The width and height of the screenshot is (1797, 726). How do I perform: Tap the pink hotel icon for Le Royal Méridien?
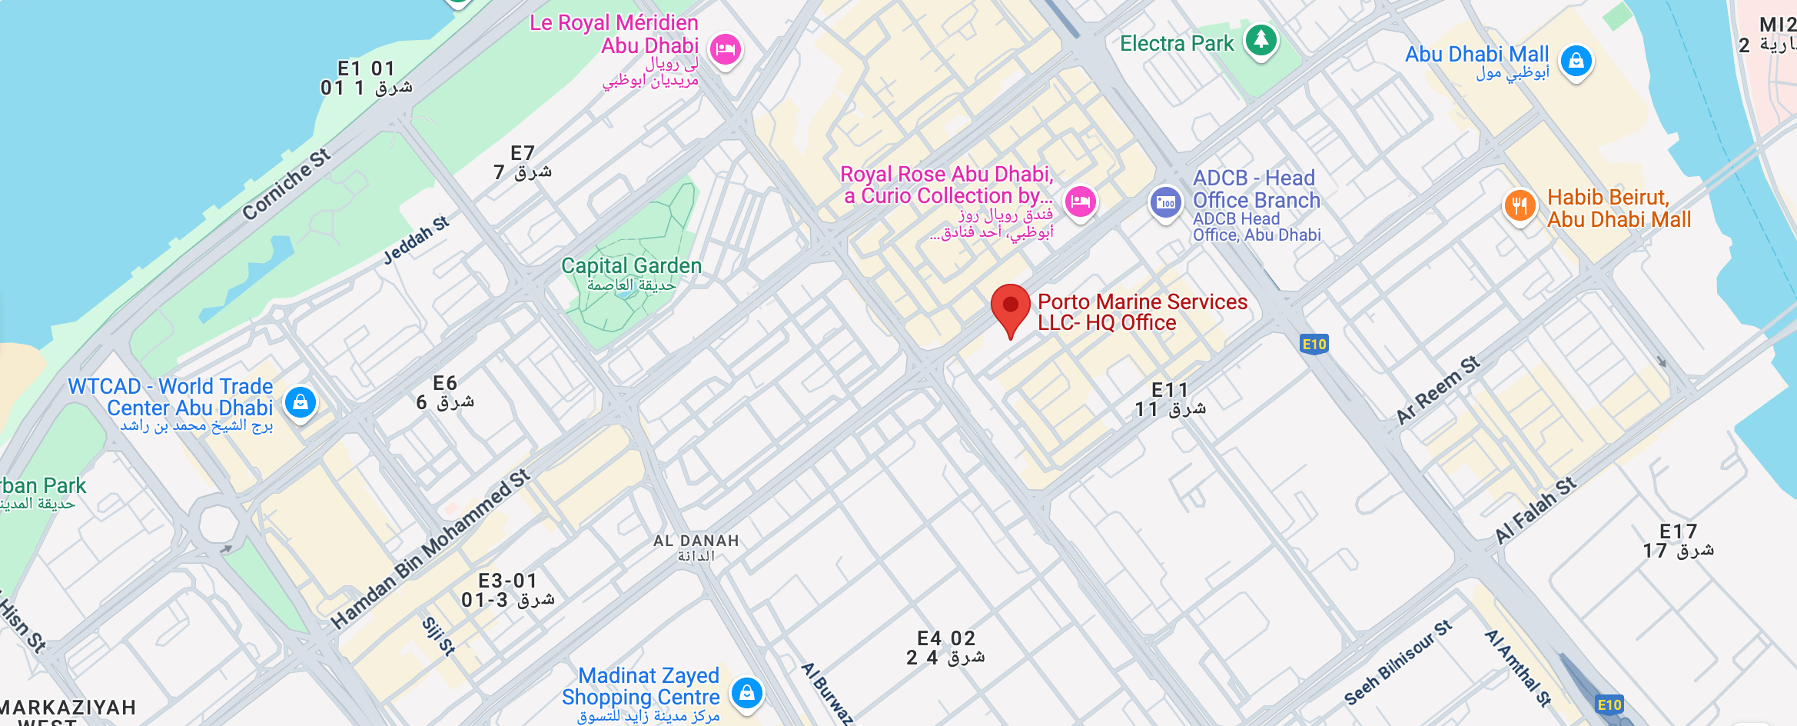725,50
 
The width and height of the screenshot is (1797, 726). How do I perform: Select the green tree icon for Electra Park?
1261,38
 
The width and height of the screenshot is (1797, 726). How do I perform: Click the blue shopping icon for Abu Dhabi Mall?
1576,60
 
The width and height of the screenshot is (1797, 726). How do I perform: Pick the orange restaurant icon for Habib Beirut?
1520,205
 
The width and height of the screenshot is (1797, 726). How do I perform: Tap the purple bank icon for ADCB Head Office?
1165,202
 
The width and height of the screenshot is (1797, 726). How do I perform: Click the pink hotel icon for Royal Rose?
1080,201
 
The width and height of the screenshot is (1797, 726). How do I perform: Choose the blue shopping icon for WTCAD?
301,401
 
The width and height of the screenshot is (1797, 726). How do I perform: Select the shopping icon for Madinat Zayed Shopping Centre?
746,692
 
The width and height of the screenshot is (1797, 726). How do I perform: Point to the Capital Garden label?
631,266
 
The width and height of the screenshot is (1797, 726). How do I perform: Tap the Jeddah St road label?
416,241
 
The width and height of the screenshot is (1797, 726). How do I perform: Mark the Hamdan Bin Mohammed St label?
430,548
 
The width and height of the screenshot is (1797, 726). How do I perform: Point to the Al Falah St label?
1536,510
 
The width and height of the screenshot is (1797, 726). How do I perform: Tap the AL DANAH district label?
696,541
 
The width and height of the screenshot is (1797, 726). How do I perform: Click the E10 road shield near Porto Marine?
1314,344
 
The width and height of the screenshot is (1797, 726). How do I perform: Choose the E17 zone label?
1678,532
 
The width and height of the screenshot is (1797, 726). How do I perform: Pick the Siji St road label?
439,636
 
